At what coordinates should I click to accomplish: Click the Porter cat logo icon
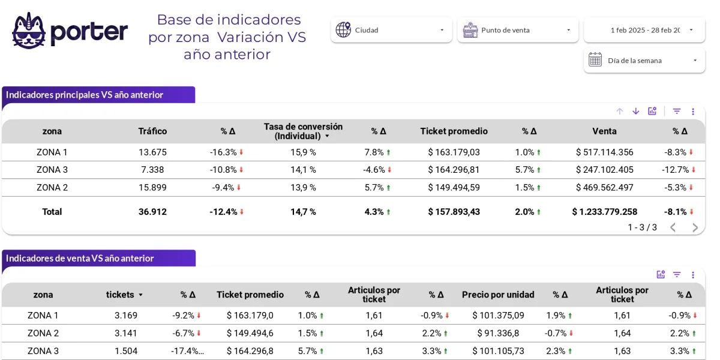point(29,31)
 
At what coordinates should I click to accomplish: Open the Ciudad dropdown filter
point(391,30)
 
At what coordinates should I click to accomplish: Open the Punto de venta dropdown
point(518,30)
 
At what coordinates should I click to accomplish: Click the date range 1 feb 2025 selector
point(645,30)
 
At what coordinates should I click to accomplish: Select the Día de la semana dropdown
point(644,61)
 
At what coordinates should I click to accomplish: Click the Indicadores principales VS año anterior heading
point(85,95)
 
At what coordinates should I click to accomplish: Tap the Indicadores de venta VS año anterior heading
point(80,259)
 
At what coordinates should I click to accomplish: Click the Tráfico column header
point(152,131)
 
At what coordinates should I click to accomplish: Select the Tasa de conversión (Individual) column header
point(303,131)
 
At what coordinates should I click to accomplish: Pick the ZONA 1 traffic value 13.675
point(152,152)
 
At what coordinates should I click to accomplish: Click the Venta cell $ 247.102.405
point(604,170)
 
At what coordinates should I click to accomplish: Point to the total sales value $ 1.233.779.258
point(604,212)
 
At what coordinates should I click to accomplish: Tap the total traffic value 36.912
point(152,212)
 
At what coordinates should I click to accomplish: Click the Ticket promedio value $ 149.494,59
point(454,188)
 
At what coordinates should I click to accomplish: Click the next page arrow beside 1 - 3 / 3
point(695,227)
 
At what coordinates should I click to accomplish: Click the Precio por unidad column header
point(498,295)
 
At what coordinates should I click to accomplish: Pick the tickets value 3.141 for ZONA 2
point(126,333)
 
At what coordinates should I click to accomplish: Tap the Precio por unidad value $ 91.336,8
point(498,333)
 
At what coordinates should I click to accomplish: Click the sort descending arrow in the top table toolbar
point(636,111)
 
